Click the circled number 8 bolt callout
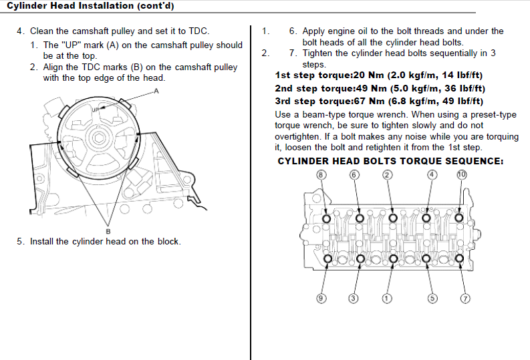pyautogui.click(x=321, y=175)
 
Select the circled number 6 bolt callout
pyautogui.click(x=355, y=175)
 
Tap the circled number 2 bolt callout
pyautogui.click(x=387, y=175)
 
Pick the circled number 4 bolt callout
pyautogui.click(x=432, y=175)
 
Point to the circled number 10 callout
pyautogui.click(x=461, y=175)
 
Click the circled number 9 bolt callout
pyautogui.click(x=321, y=298)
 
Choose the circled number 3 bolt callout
pyautogui.click(x=354, y=298)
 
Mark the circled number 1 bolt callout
pyautogui.click(x=386, y=298)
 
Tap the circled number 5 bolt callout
pyautogui.click(x=432, y=298)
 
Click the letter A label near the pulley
pyautogui.click(x=156, y=92)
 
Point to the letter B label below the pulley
pyautogui.click(x=108, y=231)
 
